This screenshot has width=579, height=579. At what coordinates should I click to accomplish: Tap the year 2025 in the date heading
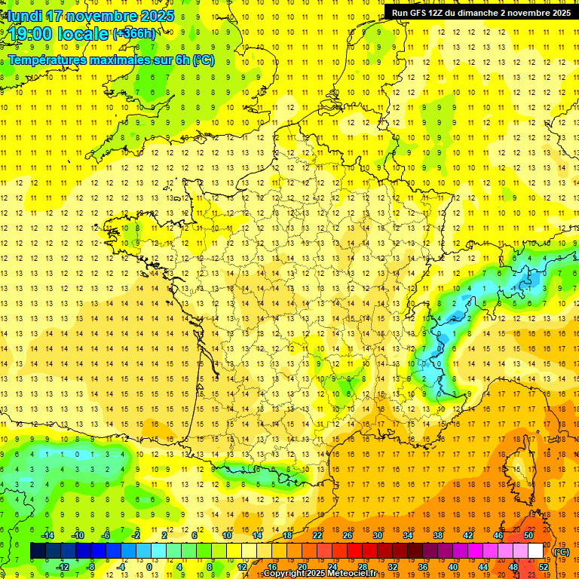coord(157,16)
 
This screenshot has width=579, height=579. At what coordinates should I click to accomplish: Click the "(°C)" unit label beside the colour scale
coord(562,552)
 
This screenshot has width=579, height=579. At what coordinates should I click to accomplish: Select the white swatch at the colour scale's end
coord(536,551)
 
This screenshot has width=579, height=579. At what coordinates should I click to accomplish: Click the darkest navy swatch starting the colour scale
coord(38,551)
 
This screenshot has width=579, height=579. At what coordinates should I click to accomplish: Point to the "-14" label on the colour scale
coord(47,535)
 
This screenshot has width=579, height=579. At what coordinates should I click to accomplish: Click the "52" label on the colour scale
coord(544,567)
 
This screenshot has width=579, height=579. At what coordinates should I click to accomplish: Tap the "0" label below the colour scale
coord(149,567)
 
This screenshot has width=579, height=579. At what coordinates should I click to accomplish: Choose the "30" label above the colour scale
coord(378,535)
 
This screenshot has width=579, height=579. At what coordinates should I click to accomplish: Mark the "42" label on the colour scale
coord(468,535)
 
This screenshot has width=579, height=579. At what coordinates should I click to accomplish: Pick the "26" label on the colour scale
coord(348,535)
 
